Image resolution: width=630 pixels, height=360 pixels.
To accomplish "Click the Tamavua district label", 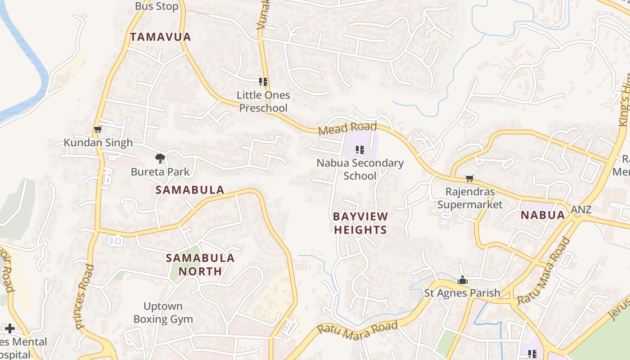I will pos(161,37).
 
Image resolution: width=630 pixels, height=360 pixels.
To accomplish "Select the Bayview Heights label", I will pos(360,223).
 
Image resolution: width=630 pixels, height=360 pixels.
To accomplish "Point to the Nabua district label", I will pos(543,215).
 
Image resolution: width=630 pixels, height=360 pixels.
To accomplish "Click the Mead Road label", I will pos(341,129).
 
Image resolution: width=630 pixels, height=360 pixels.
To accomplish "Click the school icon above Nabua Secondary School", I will pos(360,149).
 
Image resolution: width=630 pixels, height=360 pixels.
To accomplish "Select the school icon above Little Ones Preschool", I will pos(263,82).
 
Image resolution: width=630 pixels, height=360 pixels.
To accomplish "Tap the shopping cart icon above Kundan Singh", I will pos(98,130).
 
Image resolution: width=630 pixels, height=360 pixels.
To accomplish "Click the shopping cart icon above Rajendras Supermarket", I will pos(469,179).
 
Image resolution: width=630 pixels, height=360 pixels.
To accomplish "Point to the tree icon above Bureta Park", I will pos(160,158).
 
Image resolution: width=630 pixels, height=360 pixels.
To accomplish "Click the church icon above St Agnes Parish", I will pos(462,280).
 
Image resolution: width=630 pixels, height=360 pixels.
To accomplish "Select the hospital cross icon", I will pos(10,328).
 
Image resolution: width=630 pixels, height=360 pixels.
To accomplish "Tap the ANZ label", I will pos(581,210).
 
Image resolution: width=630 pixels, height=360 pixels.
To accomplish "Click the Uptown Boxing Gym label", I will pos(163,313).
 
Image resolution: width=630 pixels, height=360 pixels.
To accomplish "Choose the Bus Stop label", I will pos(157,6).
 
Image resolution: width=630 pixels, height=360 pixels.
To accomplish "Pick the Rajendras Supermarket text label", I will pos(470,198).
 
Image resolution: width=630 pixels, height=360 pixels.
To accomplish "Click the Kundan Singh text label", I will pos(98,143).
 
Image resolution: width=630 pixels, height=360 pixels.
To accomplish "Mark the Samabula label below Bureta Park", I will pos(189,190).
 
